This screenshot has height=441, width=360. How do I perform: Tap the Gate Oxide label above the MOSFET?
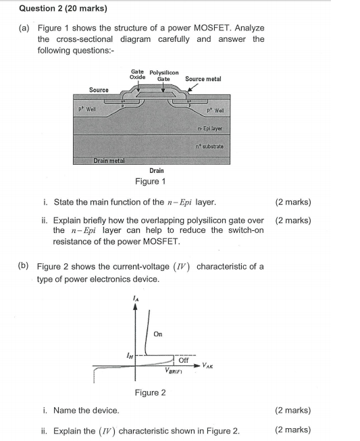(137, 74)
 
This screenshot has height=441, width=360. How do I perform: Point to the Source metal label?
(203, 79)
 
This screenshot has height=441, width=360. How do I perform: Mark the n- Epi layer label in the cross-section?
(210, 128)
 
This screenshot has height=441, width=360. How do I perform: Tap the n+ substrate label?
(209, 146)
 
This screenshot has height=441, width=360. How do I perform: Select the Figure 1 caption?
(149, 181)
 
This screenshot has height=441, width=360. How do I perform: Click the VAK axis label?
(209, 365)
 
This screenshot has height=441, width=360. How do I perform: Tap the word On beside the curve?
(158, 334)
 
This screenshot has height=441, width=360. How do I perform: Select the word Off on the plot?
(183, 361)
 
